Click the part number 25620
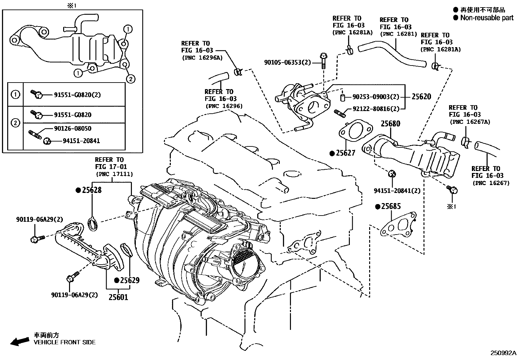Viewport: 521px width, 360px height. (x=421, y=97)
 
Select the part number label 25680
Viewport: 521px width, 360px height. (x=390, y=123)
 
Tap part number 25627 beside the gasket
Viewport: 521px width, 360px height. (x=347, y=153)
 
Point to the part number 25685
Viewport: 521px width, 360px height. (x=391, y=206)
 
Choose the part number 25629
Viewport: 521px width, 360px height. (x=130, y=280)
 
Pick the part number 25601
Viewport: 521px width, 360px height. (x=118, y=297)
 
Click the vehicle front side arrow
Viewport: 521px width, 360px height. (x=19, y=342)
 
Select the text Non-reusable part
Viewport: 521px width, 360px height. (x=487, y=18)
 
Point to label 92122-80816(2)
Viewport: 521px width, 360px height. (x=376, y=109)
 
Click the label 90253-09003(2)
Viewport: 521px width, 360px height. (x=376, y=97)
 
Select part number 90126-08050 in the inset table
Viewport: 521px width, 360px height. (x=73, y=129)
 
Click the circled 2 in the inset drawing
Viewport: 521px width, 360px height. (x=130, y=79)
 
